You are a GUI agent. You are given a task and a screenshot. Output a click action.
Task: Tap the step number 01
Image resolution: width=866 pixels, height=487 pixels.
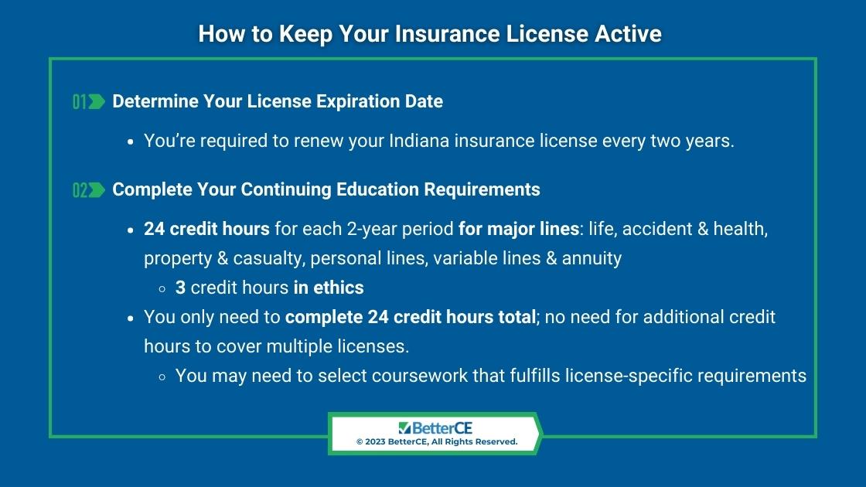80,101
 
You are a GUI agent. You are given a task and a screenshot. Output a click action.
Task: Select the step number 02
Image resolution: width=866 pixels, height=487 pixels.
80,190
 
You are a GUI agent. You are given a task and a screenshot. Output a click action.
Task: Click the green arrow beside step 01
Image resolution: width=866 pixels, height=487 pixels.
97,101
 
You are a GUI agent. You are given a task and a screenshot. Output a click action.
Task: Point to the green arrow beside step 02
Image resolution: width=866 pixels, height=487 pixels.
97,190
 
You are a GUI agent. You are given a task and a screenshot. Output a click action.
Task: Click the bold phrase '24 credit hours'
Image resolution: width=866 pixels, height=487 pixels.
206,229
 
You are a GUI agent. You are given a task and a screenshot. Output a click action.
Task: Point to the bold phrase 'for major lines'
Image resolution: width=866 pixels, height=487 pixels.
519,229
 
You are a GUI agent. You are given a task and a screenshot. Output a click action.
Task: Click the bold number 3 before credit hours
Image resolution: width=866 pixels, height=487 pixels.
180,288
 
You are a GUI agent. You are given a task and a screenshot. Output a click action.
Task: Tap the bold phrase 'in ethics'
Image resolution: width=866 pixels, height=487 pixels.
329,288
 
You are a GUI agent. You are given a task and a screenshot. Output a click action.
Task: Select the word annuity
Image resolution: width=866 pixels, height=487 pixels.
592,258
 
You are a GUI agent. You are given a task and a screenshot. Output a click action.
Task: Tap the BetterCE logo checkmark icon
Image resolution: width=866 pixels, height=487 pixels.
404,428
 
